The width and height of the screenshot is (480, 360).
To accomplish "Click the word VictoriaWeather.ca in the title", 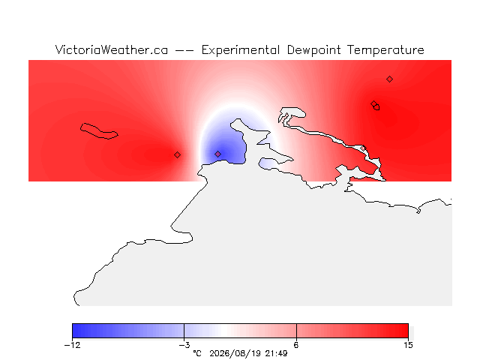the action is coord(112,49).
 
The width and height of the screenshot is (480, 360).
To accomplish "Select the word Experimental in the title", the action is coord(241,50).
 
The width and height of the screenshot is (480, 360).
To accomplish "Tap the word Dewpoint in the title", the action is coord(313,50).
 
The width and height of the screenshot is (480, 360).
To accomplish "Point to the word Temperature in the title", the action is coord(385,50).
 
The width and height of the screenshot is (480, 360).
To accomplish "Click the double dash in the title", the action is coord(184,50).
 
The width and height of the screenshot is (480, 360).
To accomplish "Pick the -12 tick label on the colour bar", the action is coord(73,345).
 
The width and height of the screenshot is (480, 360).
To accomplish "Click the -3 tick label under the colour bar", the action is coord(184,345).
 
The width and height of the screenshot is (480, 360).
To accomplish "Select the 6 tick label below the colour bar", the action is coord(296,345).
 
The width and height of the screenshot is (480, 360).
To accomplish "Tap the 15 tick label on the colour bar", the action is coord(408,345).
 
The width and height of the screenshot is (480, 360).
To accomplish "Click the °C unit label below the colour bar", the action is coord(197,353).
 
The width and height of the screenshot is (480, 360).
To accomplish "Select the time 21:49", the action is coord(277,353).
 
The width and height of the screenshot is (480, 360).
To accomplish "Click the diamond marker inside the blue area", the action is coord(218,154).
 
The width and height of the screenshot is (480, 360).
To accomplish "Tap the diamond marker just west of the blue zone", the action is coord(177,155).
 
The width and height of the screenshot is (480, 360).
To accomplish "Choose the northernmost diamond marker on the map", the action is coord(389,79).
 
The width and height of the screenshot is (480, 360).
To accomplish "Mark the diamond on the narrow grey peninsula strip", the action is coord(363,148).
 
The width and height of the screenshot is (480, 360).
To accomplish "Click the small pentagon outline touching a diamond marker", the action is coord(376,107).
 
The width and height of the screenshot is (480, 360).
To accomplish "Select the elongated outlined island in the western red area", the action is coord(99,131).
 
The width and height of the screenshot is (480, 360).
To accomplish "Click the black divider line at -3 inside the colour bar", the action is coord(184,331).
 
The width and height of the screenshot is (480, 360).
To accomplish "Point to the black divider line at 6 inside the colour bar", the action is coord(296,331).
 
